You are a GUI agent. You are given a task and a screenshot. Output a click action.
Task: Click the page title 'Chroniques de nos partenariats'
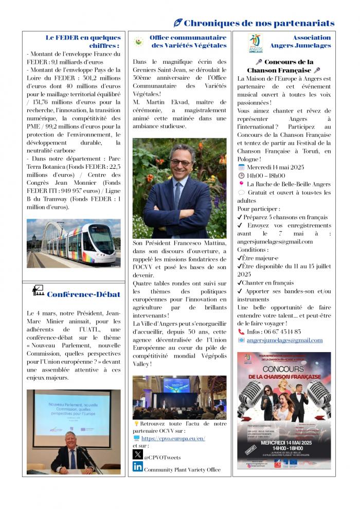pyautogui.click(x=259, y=23)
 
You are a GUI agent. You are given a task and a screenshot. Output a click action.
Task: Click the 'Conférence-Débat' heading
pyautogui.click(x=83, y=294)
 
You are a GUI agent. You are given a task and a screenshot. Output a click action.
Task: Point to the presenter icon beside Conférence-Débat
pyautogui.click(x=38, y=290)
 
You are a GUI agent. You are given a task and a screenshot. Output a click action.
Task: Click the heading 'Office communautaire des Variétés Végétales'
pyautogui.click(x=188, y=41)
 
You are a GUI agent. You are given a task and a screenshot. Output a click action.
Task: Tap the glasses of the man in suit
pyautogui.click(x=181, y=162)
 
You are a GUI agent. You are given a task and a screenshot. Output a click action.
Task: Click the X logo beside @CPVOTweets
pyautogui.click(x=137, y=454)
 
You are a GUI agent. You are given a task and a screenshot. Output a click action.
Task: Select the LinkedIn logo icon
pyautogui.click(x=137, y=467)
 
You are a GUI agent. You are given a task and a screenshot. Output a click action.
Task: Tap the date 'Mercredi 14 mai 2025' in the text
pyautogui.click(x=276, y=167)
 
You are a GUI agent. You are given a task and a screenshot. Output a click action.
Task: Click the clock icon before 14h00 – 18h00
pyautogui.click(x=241, y=175)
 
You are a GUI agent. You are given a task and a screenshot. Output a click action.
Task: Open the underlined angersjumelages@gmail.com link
pyautogui.click(x=284, y=340)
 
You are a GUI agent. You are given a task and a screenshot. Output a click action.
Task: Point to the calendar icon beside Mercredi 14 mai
pyautogui.click(x=241, y=167)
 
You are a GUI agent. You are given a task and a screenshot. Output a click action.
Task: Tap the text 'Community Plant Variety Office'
pyautogui.click(x=182, y=469)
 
